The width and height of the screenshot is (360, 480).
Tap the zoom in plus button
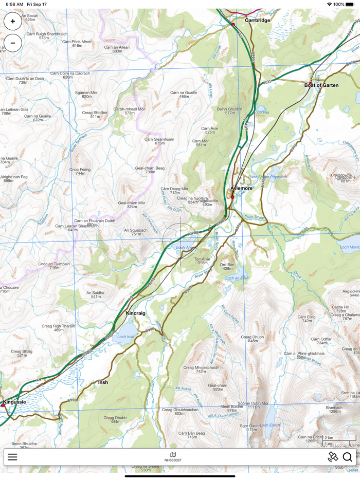tap(13, 22)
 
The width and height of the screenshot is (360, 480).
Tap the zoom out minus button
tap(13, 43)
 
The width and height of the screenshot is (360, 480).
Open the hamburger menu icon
tap(12, 457)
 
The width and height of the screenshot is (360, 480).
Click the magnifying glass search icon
tap(347, 457)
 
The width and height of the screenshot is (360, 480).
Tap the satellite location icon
tap(333, 456)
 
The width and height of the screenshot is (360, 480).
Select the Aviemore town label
tap(241, 188)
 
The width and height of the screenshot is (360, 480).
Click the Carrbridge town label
tap(257, 21)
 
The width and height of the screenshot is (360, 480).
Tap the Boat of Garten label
tap(321, 85)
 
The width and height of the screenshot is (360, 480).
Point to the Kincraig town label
tap(136, 313)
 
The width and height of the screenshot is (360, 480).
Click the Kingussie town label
tap(14, 402)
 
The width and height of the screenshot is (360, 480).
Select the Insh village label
tap(103, 382)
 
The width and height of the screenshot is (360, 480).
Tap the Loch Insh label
tap(125, 337)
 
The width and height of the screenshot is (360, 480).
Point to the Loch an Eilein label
tap(237, 278)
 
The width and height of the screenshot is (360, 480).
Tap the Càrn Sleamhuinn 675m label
tap(159, 141)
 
